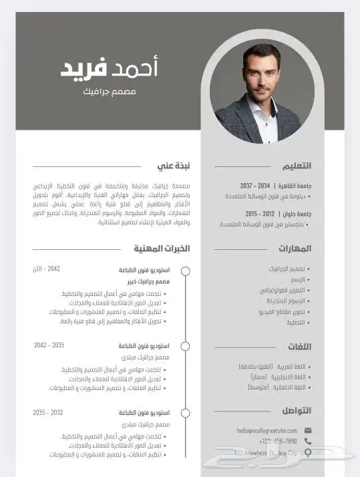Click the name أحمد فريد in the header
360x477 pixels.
click(x=110, y=67)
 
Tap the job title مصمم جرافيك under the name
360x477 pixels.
click(x=111, y=90)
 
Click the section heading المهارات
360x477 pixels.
click(x=295, y=249)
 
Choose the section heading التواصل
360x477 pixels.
click(x=294, y=410)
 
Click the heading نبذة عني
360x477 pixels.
click(x=174, y=165)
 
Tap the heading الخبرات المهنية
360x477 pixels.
click(x=161, y=249)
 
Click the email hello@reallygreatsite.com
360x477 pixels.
click(x=265, y=431)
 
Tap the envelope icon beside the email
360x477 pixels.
click(x=308, y=431)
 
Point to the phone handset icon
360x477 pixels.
click(x=308, y=442)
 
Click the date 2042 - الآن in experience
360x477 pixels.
click(x=46, y=269)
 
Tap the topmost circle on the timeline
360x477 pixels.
click(x=186, y=271)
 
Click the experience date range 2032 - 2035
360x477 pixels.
click(x=47, y=412)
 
